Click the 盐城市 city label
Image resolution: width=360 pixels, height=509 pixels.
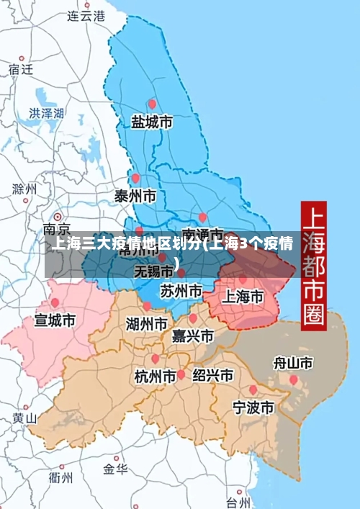[151, 123]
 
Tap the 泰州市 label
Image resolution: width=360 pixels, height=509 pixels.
[135, 196]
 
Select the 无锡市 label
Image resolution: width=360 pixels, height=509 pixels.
[154, 271]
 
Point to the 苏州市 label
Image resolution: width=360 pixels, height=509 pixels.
[181, 292]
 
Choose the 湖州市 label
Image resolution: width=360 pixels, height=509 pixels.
[147, 323]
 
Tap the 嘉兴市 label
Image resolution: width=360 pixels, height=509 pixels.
[193, 336]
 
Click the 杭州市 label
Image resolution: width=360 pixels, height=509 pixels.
[156, 376]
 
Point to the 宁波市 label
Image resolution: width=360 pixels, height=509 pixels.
[253, 407]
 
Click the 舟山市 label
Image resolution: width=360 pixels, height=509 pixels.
[293, 362]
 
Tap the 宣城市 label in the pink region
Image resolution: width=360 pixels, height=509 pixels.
[55, 320]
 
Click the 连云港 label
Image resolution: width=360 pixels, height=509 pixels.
[86, 15]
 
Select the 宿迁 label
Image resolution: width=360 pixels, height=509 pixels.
[21, 69]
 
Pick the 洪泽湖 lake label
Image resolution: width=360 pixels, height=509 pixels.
[47, 113]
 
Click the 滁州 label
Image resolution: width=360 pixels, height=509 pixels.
[24, 189]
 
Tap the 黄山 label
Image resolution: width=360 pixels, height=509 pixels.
[24, 418]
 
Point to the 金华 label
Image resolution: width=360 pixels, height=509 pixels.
[115, 469]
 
